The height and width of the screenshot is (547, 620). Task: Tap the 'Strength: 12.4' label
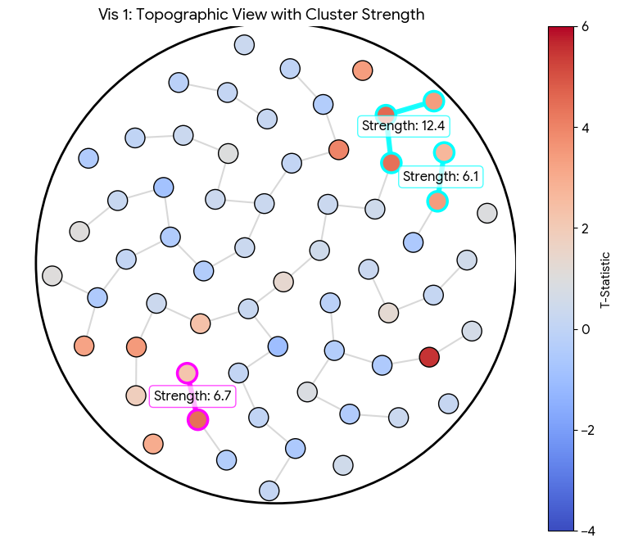click(404, 125)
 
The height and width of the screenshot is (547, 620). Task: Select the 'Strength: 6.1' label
click(441, 176)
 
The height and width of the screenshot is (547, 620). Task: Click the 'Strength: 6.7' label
click(193, 396)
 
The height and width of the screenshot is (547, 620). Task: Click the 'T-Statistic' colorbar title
click(605, 279)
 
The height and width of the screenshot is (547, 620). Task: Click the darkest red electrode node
click(429, 357)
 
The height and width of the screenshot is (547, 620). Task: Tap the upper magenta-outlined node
click(187, 373)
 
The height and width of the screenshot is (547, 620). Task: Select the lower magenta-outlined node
click(197, 420)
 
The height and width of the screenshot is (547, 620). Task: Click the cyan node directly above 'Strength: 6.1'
click(444, 152)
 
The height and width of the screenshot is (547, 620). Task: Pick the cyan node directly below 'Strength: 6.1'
click(437, 201)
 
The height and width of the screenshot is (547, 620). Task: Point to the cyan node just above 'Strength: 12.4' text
click(386, 114)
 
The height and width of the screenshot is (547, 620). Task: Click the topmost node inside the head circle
click(244, 44)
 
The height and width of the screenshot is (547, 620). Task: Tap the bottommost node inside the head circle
click(269, 490)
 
